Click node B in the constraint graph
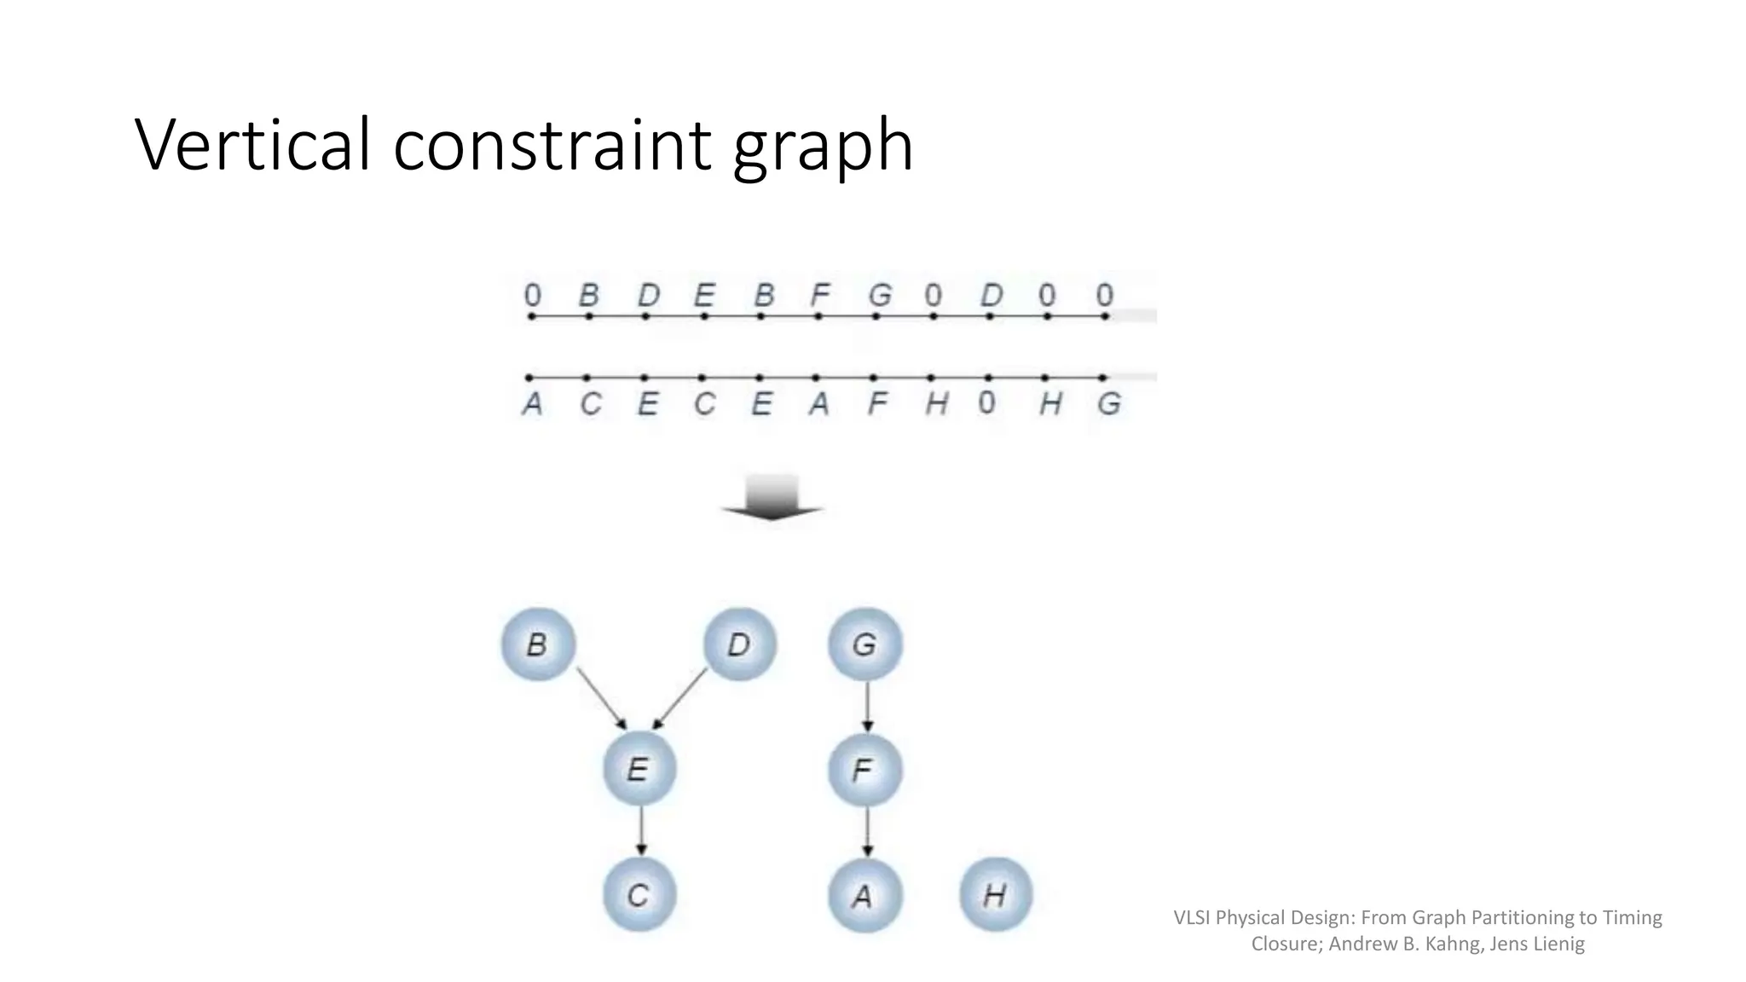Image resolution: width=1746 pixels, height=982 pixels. coord(537,644)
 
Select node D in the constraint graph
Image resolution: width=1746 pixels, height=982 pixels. coord(739,644)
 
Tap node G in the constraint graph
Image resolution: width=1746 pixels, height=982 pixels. coord(864,644)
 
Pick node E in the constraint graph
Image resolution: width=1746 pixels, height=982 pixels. coord(639,770)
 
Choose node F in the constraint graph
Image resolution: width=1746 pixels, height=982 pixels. coord(864,771)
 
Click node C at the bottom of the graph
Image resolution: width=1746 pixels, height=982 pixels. coord(639,895)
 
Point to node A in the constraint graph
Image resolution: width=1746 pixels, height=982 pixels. coord(864,896)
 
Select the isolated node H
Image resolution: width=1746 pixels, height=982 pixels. coord(995,895)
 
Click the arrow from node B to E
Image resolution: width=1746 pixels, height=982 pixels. coord(601,698)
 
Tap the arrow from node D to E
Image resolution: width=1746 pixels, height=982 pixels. coord(680,698)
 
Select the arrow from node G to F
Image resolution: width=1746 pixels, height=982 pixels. coord(867,707)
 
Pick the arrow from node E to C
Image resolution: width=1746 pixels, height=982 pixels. coord(641,831)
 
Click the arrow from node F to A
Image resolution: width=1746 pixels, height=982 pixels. coord(867,831)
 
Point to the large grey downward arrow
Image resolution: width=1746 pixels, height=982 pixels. coord(772,498)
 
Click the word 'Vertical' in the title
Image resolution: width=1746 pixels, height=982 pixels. coord(252,145)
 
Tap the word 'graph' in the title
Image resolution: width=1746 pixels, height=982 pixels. coord(823,147)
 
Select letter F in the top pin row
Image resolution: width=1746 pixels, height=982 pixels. coord(819,296)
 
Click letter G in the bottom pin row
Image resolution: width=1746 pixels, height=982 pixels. coord(1108,403)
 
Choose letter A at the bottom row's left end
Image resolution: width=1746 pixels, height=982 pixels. coord(532,403)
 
